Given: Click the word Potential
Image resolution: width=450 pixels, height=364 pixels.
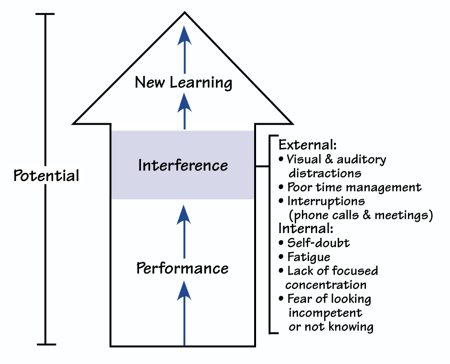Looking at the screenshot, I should [x=46, y=175].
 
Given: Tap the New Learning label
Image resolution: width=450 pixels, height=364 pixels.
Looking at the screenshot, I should [x=183, y=82].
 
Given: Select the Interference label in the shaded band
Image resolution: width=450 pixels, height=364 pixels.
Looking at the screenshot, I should [x=183, y=165].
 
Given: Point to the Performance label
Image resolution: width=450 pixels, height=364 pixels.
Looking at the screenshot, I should [x=182, y=268].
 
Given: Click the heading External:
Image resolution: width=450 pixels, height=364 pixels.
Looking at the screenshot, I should [x=301, y=144].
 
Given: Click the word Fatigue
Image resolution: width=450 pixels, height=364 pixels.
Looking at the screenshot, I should [x=309, y=257].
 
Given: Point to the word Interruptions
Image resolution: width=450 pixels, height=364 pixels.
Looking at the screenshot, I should [x=326, y=201].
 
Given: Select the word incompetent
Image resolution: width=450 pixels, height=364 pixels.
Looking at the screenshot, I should [x=325, y=313].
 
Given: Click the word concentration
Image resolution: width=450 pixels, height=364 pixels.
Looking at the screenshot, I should [x=326, y=285].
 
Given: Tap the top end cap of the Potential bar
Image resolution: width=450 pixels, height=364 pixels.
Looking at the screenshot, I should [x=45, y=14].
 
